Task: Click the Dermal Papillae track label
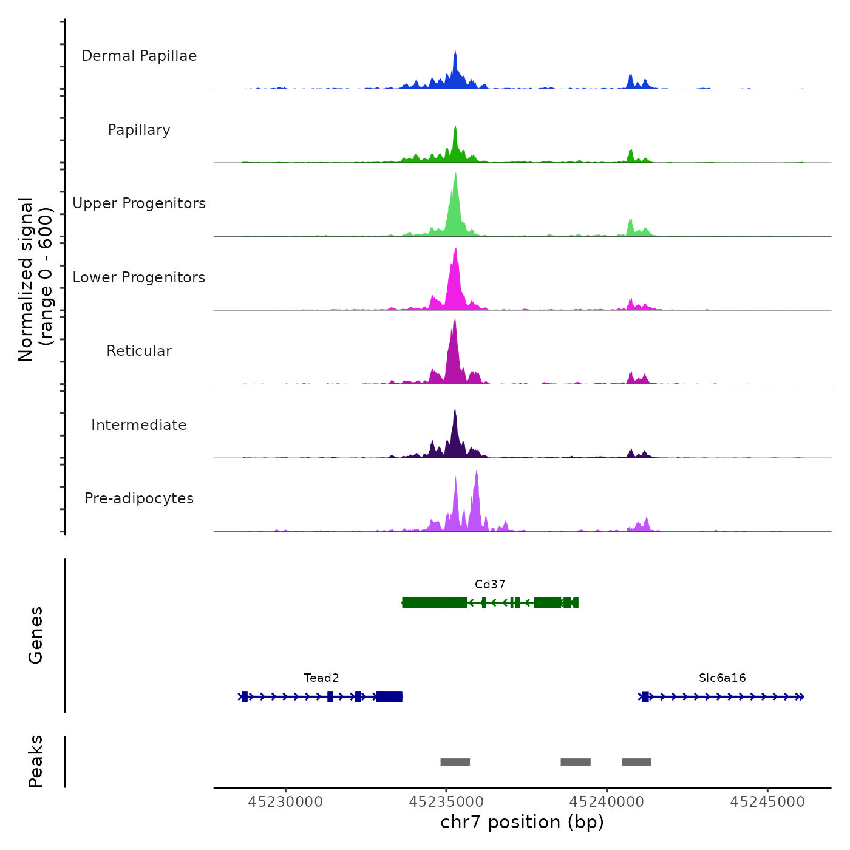point(139,56)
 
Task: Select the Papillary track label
point(139,130)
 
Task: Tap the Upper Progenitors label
point(139,203)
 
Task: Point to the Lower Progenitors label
point(139,277)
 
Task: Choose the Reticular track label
point(139,351)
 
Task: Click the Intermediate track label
point(139,425)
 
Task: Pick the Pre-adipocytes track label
point(139,498)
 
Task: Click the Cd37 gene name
point(490,584)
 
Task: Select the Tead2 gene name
point(321,678)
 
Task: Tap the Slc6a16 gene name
point(722,678)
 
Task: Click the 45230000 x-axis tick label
point(285,802)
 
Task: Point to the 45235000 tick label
point(446,802)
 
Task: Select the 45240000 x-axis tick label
point(607,802)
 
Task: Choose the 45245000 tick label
point(767,802)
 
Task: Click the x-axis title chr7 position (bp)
point(522,822)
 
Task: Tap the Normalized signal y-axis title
point(35,279)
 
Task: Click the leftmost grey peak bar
point(455,762)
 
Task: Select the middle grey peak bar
point(576,762)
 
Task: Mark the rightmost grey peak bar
point(637,762)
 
